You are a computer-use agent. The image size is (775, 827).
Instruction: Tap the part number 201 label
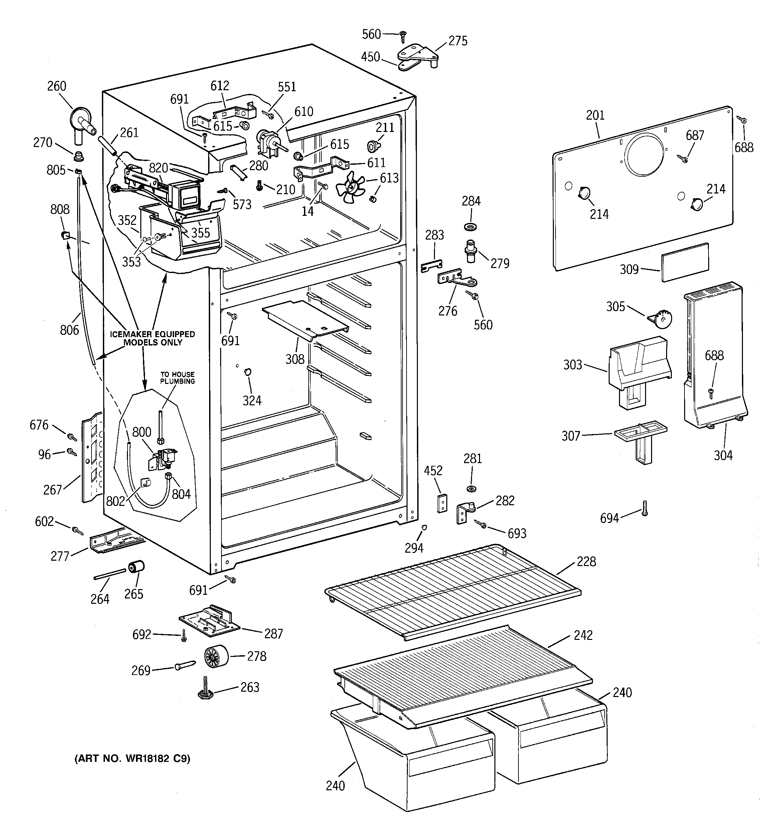pos(595,115)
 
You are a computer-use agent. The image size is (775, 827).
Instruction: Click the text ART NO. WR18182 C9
pos(132,759)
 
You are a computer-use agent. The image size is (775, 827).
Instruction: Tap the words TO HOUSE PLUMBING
pos(178,378)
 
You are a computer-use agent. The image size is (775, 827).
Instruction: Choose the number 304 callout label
pos(723,455)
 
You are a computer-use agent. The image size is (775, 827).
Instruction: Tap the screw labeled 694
pos(645,508)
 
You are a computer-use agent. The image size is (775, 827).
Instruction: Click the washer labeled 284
pos(470,227)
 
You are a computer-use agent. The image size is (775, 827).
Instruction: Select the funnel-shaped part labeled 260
pos(82,121)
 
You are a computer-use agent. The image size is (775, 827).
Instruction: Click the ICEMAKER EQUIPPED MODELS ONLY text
pos(152,338)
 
